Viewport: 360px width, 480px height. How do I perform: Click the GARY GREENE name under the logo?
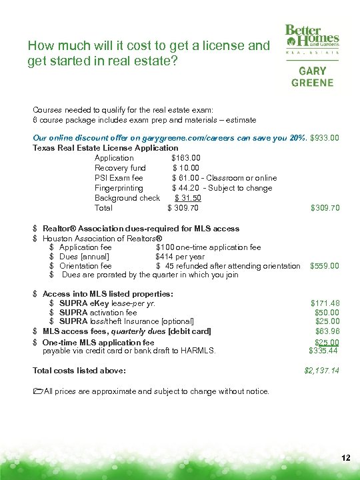point(312,76)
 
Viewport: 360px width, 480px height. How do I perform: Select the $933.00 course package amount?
point(325,138)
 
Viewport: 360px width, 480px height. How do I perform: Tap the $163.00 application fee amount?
point(186,158)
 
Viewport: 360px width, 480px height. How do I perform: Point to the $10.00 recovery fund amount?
point(186,168)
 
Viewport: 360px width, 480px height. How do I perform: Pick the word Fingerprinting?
point(119,188)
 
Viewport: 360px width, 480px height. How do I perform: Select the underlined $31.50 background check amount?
point(188,198)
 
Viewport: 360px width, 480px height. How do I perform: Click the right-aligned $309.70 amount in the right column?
point(325,208)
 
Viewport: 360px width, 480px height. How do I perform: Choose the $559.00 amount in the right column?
point(325,266)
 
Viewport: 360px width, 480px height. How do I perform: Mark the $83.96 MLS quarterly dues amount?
point(327,331)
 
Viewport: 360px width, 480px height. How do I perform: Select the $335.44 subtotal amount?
point(324,350)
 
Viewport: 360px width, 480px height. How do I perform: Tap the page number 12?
point(345,458)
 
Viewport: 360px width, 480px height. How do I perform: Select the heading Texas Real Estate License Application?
point(105,148)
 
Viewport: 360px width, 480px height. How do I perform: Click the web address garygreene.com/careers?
point(189,138)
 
